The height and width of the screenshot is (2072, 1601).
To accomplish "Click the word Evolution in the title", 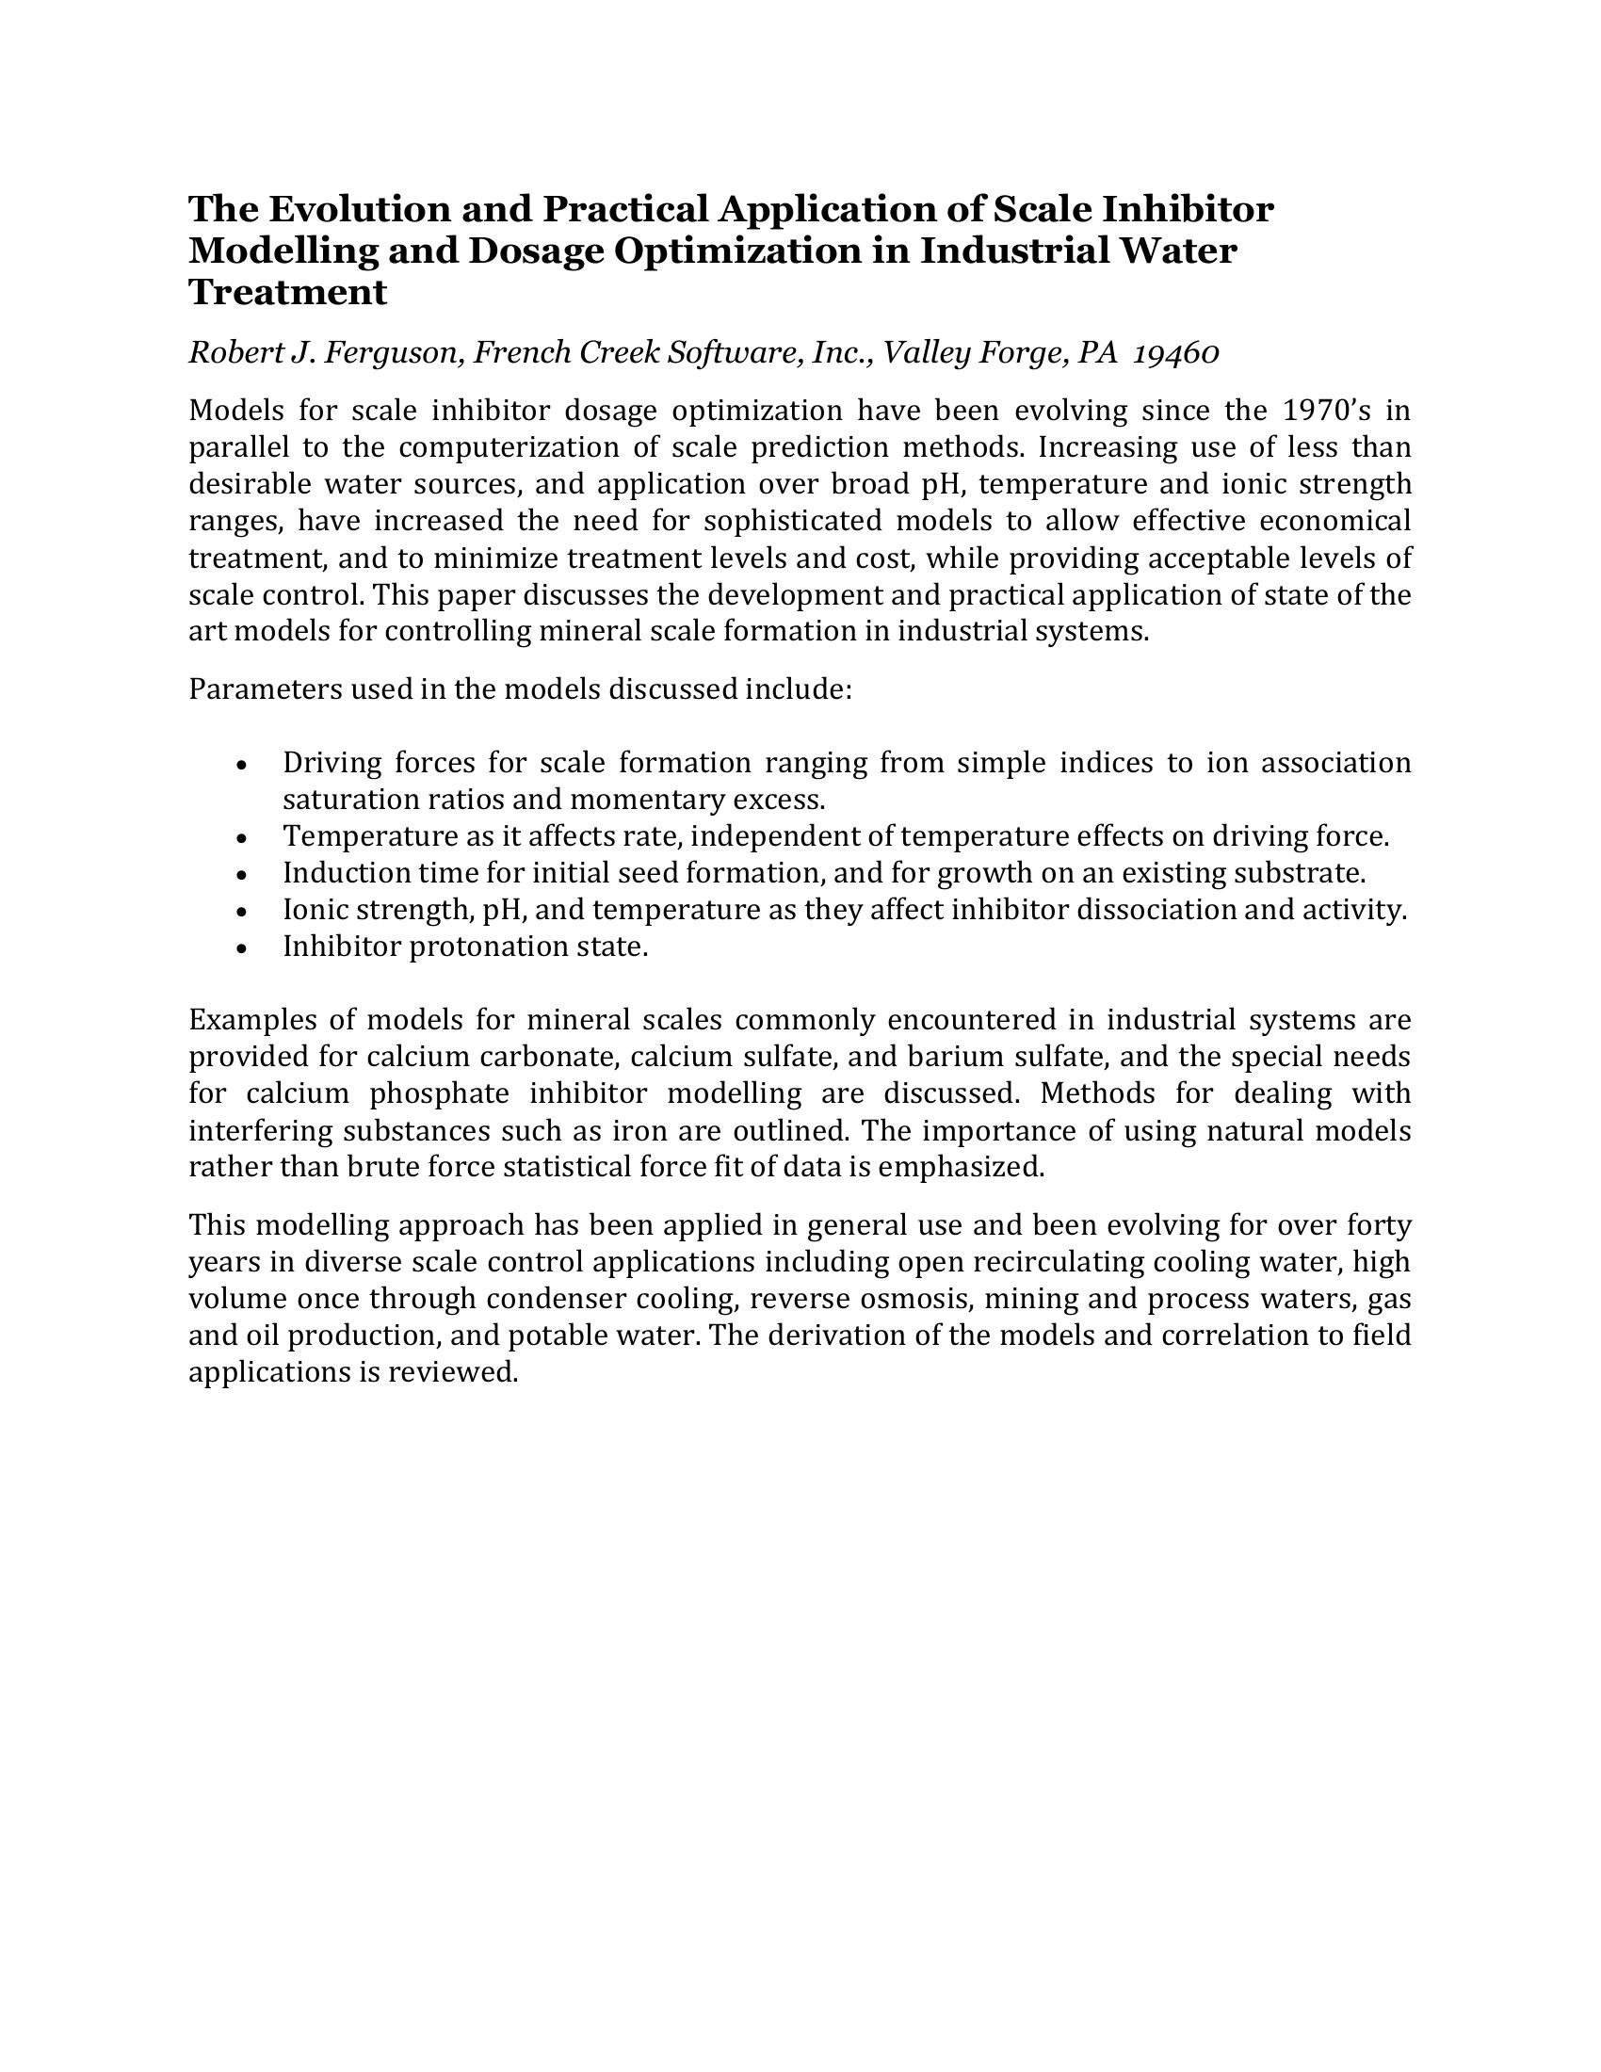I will pos(348,209).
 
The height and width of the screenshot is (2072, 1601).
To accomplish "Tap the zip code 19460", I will pos(1176,353).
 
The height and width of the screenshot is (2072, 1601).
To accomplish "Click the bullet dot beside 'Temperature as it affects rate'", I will pos(243,838).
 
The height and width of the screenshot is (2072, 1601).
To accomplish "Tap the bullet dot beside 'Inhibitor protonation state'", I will pos(243,948).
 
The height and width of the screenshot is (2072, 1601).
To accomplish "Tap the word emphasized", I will pos(960,1167).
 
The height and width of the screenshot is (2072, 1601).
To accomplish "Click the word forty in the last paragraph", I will pos(1380,1225).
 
